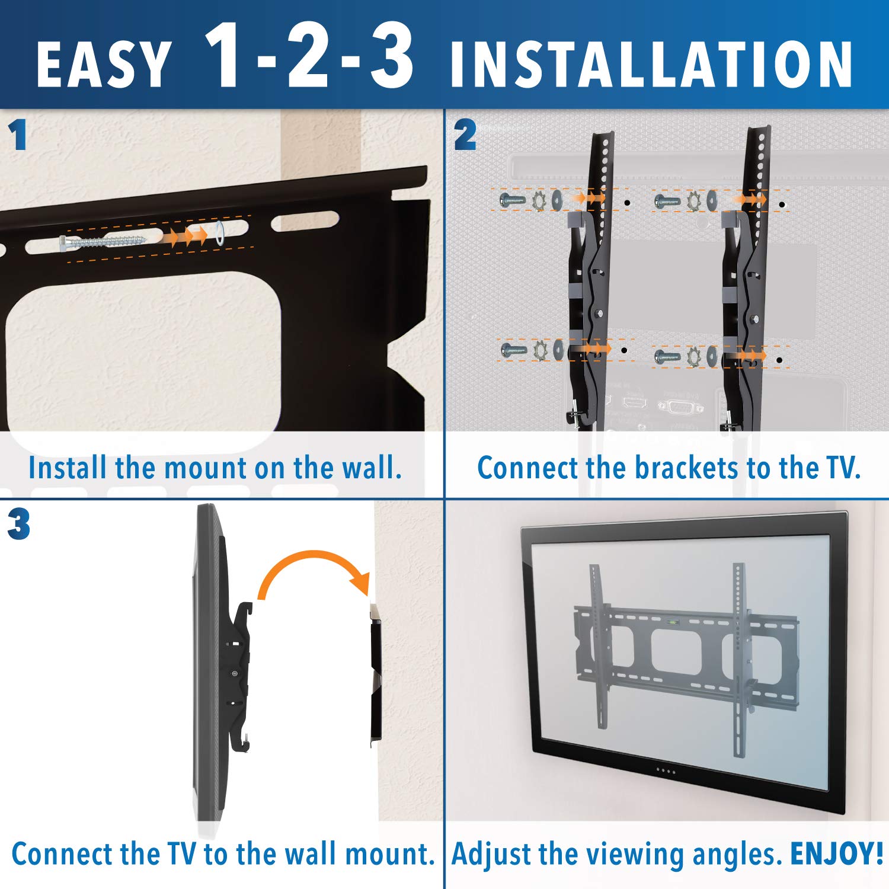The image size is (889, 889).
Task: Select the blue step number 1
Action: point(18,135)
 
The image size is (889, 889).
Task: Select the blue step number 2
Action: point(465,135)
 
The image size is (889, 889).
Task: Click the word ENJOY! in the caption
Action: point(837,854)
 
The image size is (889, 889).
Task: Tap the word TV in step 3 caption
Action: point(181,854)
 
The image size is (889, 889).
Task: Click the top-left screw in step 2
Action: point(512,200)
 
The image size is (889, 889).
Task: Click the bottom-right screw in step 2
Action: point(667,357)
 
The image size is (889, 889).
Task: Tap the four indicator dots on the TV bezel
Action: point(666,771)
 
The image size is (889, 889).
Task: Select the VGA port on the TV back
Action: point(680,407)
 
